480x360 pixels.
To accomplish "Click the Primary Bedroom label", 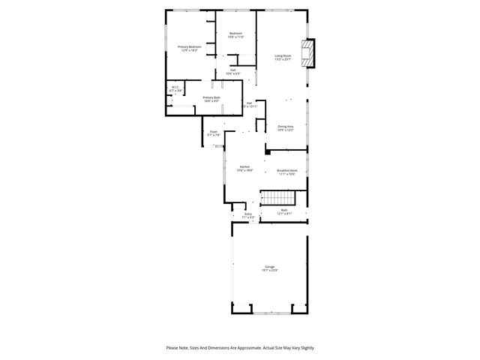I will pos(190,46).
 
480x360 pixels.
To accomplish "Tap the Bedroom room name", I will pos(235,33).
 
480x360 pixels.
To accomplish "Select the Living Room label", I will pos(283,55).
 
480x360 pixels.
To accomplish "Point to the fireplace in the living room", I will pos(307,53).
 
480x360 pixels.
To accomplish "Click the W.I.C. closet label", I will pos(175,87).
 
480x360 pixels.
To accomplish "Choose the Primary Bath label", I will pos(211,97).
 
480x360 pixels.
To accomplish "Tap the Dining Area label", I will pos(285,126).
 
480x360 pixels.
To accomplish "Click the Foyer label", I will pos(214,131).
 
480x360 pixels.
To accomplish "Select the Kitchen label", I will pos(244,166).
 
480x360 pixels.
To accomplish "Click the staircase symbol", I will pos(278,198).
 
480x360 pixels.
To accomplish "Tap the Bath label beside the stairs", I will pos(284,210).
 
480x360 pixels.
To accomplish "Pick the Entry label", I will pos(248,214).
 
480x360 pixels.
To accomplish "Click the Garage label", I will pos(269,266).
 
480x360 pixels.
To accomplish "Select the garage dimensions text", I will pos(269,271).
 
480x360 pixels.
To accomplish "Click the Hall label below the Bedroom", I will pos(233,70).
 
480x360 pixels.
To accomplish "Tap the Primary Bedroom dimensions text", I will pos(190,50).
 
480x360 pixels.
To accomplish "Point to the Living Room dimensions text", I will pos(283,59).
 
